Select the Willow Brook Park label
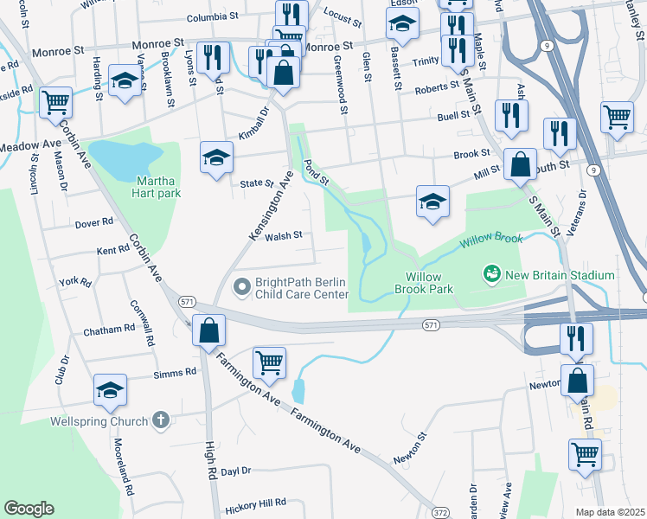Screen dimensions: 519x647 (425, 284)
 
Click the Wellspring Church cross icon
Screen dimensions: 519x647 (159, 420)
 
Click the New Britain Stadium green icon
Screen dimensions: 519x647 (492, 275)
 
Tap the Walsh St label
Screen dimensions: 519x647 (283, 235)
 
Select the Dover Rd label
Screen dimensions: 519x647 (94, 222)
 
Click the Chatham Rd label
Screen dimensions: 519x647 (109, 330)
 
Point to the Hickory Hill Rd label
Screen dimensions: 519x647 (254, 503)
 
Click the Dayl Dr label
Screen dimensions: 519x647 (235, 471)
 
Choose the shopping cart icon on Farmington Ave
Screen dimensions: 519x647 (269, 363)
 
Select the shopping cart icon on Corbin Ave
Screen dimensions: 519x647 (55, 102)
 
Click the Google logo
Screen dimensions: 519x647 (29, 509)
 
